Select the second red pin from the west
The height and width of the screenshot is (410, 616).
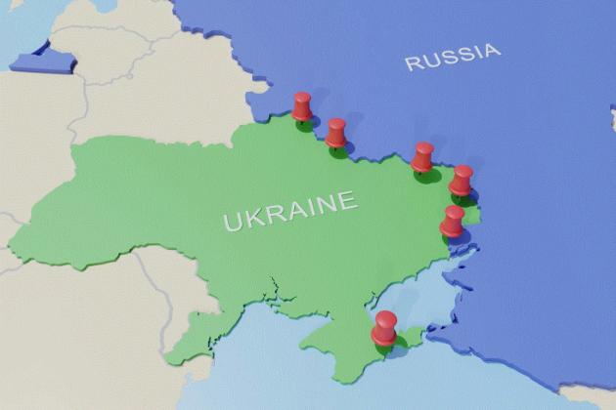tap(336, 132)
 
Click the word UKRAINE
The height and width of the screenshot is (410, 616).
tap(289, 211)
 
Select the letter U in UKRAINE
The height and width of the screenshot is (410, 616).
tap(232, 222)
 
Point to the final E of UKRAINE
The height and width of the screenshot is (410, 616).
tap(345, 202)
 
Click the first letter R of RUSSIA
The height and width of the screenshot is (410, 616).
tap(414, 64)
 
